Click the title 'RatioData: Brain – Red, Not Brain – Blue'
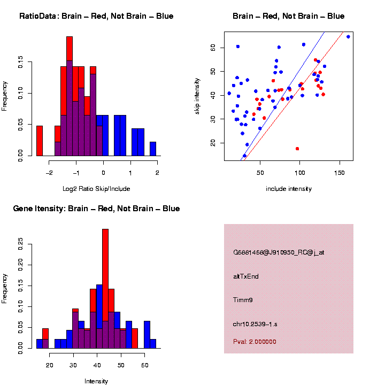pyautogui.click(x=96, y=16)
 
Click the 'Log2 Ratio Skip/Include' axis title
pyautogui.click(x=96, y=188)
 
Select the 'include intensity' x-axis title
pyautogui.click(x=289, y=188)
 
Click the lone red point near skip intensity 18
pyautogui.click(x=297, y=149)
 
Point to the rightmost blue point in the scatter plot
pyautogui.click(x=348, y=37)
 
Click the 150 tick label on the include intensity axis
pyautogui.click(x=340, y=173)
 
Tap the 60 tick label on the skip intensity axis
pyautogui.click(x=212, y=48)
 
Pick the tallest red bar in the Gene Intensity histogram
pyautogui.click(x=105, y=278)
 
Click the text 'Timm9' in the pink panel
pyautogui.click(x=243, y=300)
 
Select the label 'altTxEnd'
pyautogui.click(x=246, y=276)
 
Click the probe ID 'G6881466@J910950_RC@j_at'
pyautogui.click(x=279, y=252)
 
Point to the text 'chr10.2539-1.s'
pyautogui.click(x=255, y=324)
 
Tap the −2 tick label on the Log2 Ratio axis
pyautogui.click(x=49, y=173)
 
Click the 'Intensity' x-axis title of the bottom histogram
pyautogui.click(x=96, y=381)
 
